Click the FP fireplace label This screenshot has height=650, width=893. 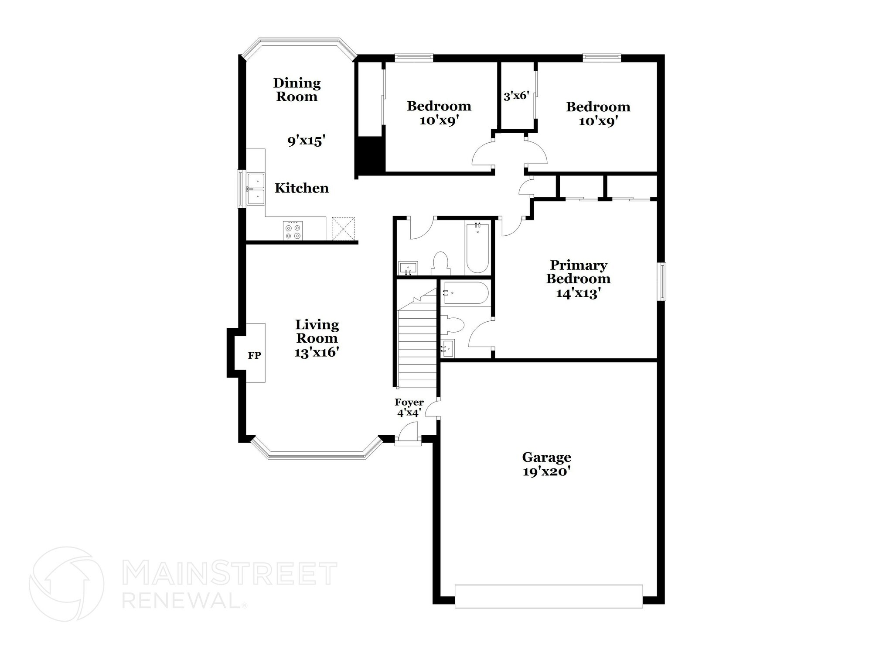tap(255, 355)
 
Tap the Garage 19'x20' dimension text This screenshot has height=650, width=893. tap(547, 472)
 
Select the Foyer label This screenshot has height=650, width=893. tap(409, 402)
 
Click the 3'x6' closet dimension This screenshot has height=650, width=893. tap(516, 96)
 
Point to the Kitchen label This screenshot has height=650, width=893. tap(301, 188)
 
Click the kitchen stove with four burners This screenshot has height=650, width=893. tap(293, 230)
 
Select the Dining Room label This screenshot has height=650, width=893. tap(297, 89)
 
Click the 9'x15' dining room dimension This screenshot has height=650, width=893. tap(307, 141)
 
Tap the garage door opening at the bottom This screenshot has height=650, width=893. tap(549, 596)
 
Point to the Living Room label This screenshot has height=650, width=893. tap(317, 331)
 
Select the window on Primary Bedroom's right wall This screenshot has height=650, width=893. tap(662, 281)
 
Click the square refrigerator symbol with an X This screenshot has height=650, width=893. tap(343, 229)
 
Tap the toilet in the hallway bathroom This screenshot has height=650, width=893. tap(440, 263)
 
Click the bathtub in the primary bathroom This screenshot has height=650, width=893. tap(465, 292)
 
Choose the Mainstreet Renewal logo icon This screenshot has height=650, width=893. tap(67, 584)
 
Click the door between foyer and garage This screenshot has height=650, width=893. tap(433, 409)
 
